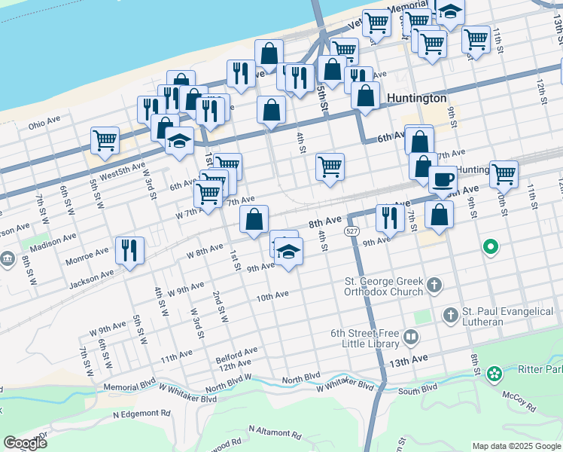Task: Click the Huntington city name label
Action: point(416,98)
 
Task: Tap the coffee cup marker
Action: point(443,180)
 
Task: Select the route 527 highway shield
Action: point(351,230)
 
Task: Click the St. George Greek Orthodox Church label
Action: point(383,286)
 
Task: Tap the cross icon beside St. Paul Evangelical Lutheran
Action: point(450,316)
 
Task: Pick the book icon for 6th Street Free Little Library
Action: point(410,337)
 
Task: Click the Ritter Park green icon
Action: point(494,373)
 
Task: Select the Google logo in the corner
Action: point(25,442)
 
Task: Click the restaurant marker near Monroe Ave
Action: point(129,250)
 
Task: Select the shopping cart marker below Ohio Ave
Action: point(105,139)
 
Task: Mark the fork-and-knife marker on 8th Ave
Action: point(388,218)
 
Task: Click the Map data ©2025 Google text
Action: point(516,445)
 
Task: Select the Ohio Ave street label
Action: point(44,125)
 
